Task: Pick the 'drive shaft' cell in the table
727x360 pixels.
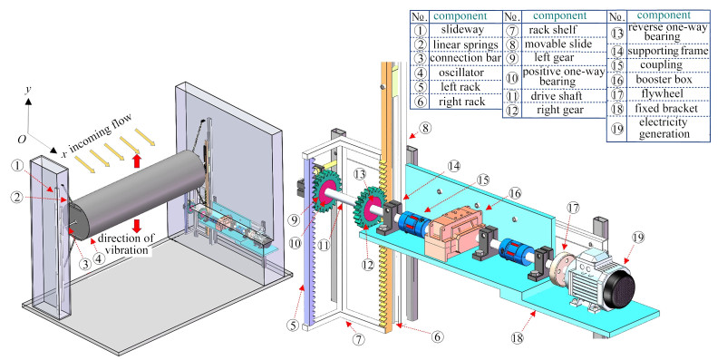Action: [x=556, y=96]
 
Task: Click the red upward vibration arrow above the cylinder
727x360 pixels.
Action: [x=137, y=161]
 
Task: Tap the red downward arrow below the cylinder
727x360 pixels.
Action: [x=137, y=226]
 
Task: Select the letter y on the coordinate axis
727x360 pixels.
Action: [x=28, y=89]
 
